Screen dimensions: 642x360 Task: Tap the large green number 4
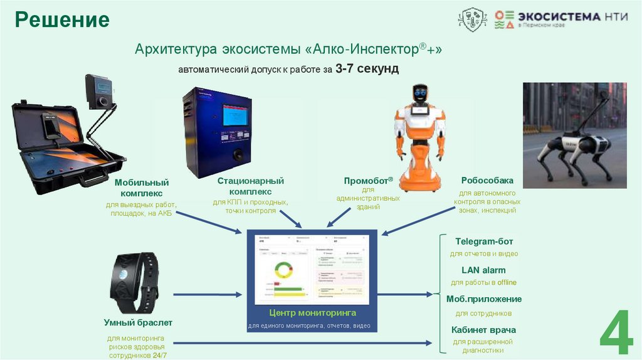pos(616,332)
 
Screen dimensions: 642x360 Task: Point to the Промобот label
pos(368,180)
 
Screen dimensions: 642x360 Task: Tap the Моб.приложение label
pos(483,299)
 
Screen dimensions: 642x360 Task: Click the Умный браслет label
pos(138,323)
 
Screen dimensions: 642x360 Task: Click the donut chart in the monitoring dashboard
pos(280,271)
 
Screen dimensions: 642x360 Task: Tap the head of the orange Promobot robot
pos(420,96)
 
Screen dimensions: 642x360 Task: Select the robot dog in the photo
pos(574,147)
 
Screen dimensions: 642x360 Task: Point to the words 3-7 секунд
pos(367,68)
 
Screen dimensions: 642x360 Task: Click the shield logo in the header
pos(473,19)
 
